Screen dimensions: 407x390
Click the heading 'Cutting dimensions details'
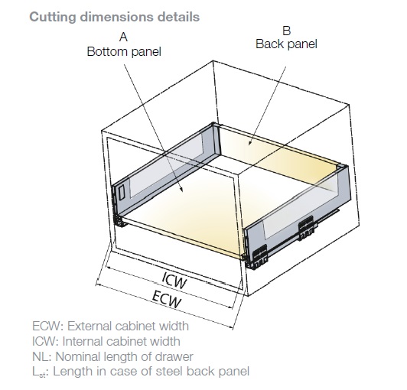pyautogui.click(x=115, y=18)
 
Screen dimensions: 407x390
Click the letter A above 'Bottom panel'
pyautogui.click(x=124, y=37)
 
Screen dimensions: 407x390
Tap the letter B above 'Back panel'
pyautogui.click(x=287, y=31)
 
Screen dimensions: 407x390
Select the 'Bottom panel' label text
pyautogui.click(x=124, y=51)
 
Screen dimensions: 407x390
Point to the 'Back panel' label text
pyautogui.click(x=286, y=44)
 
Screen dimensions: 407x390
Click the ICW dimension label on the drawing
pyautogui.click(x=174, y=281)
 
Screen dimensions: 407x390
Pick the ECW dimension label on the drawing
pyautogui.click(x=166, y=299)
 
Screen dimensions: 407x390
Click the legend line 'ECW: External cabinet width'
pyautogui.click(x=110, y=326)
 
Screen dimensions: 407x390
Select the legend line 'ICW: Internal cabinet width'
pyautogui.click(x=106, y=341)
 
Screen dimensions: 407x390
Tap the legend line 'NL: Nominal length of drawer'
pyautogui.click(x=112, y=356)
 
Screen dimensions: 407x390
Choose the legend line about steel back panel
pyautogui.click(x=141, y=372)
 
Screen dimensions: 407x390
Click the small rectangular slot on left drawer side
pyautogui.click(x=121, y=193)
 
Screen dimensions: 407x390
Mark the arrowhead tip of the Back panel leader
pyautogui.click(x=249, y=145)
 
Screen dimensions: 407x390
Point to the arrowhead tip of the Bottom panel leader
pyautogui.click(x=184, y=192)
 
